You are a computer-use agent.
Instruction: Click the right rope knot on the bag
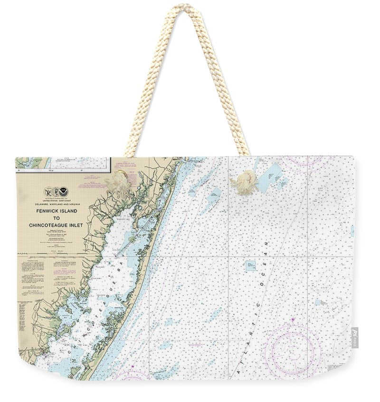245,182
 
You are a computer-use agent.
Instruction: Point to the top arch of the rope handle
186,10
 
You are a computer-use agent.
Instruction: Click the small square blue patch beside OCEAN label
250,265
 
